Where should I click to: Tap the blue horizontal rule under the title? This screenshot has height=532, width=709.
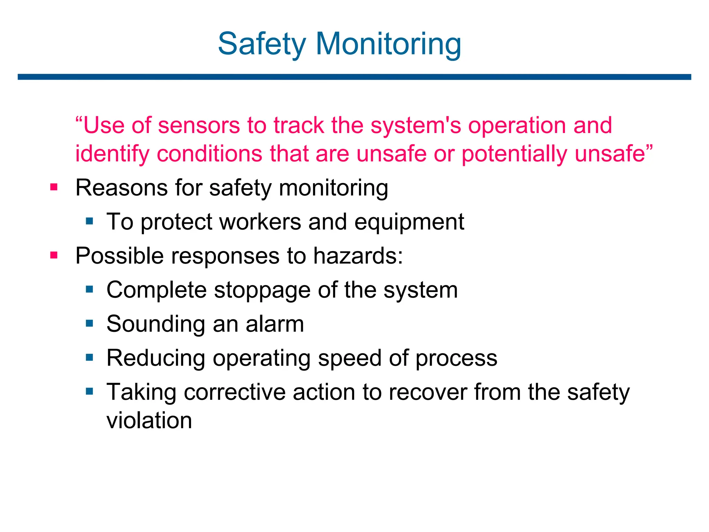point(354,77)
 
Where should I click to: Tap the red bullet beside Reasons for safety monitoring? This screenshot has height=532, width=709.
point(54,187)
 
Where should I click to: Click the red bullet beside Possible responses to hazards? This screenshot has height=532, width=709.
point(54,256)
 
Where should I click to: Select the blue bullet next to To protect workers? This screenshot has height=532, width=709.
point(90,221)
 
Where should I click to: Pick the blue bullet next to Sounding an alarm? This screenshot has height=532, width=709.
point(90,323)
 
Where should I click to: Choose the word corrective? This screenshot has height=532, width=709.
point(235,392)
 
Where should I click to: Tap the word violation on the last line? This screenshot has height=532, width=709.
point(149,420)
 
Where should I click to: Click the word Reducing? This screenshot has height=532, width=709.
point(156,358)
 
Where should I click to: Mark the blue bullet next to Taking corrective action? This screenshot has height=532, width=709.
point(90,391)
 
